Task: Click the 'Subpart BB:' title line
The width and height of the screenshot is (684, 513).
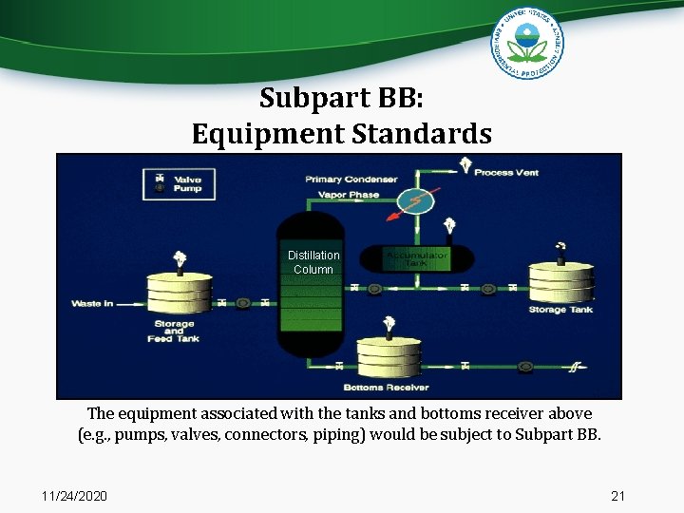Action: click(x=341, y=98)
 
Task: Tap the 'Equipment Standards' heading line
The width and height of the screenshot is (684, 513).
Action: click(x=341, y=134)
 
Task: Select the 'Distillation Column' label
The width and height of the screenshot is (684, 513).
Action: click(x=313, y=262)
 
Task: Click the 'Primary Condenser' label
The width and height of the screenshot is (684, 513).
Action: click(x=351, y=179)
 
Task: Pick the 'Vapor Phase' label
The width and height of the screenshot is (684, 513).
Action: click(x=351, y=195)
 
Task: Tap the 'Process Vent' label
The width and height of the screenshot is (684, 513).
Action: click(x=506, y=172)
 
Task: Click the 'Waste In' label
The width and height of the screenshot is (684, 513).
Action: click(x=92, y=304)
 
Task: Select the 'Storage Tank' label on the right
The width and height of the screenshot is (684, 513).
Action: click(x=560, y=310)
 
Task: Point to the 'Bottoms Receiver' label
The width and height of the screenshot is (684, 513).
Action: click(x=387, y=388)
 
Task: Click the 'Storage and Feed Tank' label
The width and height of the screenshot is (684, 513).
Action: click(x=174, y=331)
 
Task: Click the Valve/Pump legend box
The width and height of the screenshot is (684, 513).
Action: click(x=179, y=183)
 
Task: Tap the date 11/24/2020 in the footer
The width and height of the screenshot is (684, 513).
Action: click(x=75, y=496)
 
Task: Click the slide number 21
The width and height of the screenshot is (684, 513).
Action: click(x=617, y=496)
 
